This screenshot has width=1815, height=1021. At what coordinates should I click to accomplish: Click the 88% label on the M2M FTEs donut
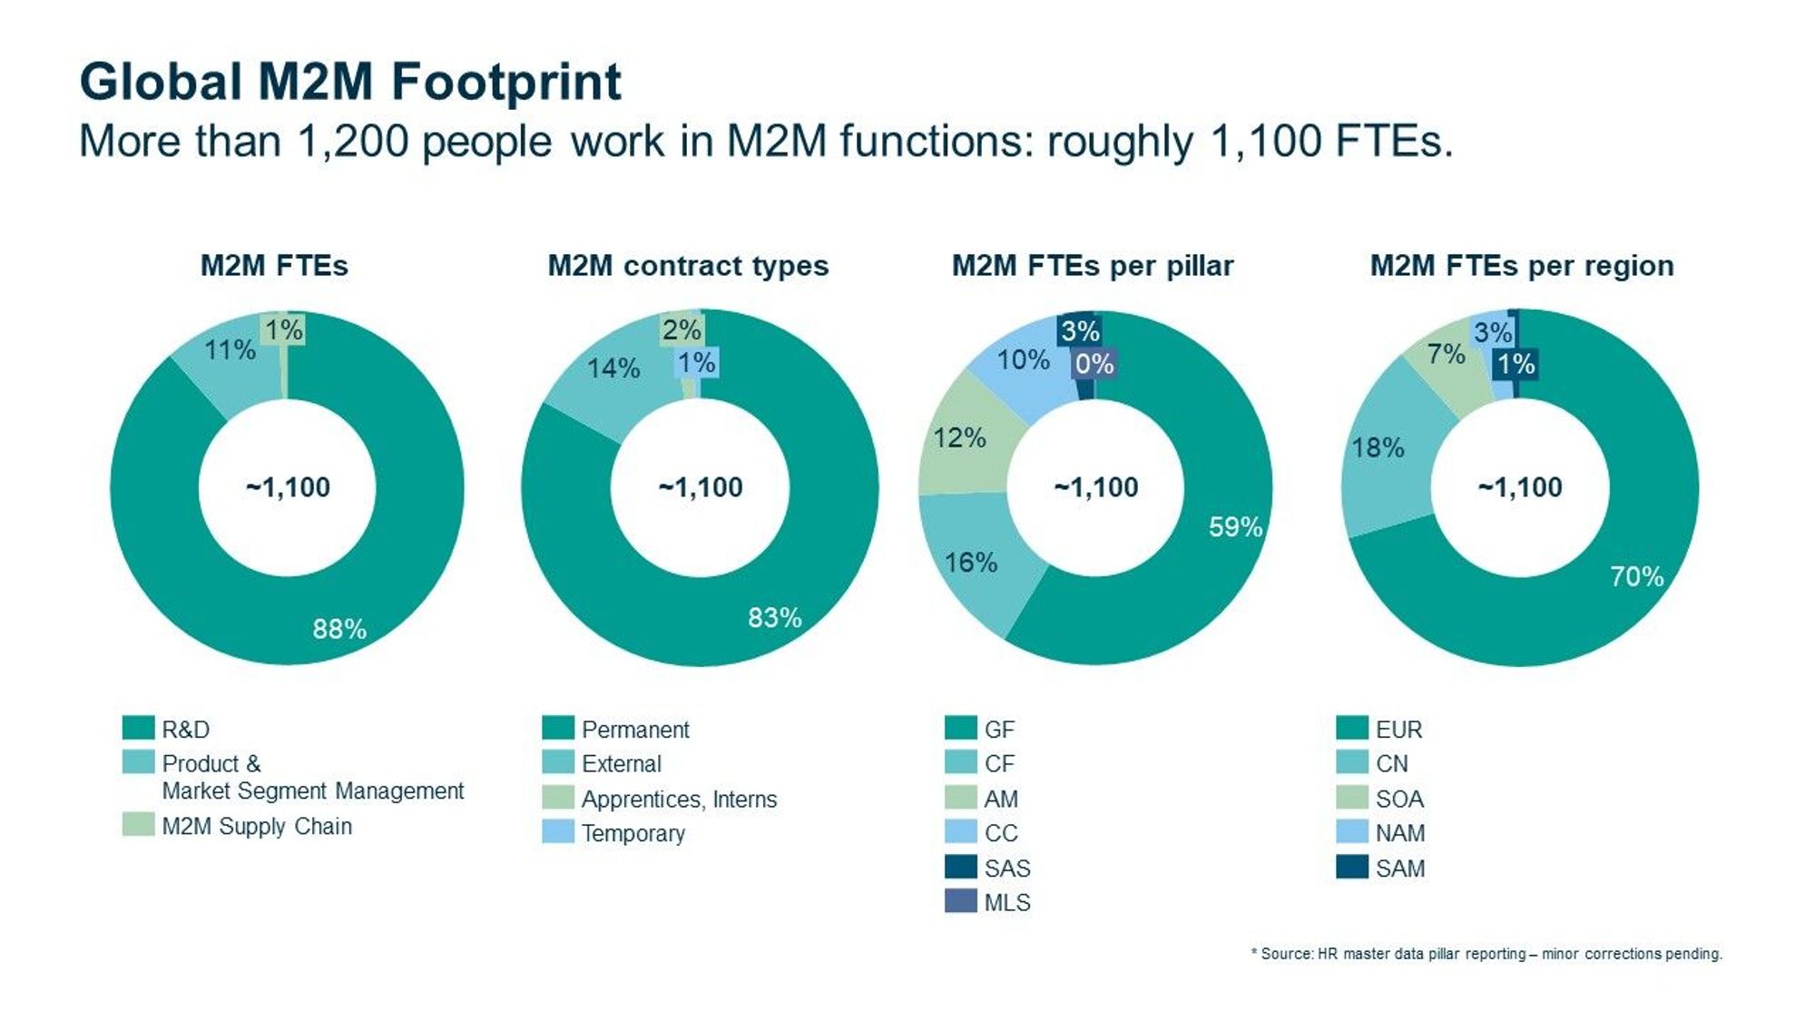pos(339,629)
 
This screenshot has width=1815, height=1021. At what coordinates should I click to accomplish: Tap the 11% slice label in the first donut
pos(230,349)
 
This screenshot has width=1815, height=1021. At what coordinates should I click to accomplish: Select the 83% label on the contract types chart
pos(774,618)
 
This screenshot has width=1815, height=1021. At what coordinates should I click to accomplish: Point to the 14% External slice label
pos(613,368)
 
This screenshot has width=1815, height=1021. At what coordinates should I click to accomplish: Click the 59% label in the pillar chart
pos(1235,526)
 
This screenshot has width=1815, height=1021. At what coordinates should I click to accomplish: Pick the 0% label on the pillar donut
pos(1094,364)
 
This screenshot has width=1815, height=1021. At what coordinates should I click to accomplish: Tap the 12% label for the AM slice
pos(959,437)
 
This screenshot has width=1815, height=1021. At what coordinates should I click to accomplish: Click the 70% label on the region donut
pos(1636,576)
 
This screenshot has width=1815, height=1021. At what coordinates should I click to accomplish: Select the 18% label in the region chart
pos(1378,447)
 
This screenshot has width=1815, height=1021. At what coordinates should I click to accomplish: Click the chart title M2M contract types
pos(688,265)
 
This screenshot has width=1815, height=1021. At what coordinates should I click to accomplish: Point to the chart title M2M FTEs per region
pos(1521,265)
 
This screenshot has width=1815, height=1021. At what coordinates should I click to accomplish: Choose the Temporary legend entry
pos(633,833)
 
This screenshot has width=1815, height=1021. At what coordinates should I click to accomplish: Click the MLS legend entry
pos(1006,902)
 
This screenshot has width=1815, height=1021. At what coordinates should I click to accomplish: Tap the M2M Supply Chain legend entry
pos(256,826)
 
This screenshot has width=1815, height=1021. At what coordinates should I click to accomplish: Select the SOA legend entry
pos(1398,799)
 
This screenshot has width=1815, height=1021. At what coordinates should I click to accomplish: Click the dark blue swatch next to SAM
pos(1351,867)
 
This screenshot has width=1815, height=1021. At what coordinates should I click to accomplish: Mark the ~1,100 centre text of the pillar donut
pos(1095,487)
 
